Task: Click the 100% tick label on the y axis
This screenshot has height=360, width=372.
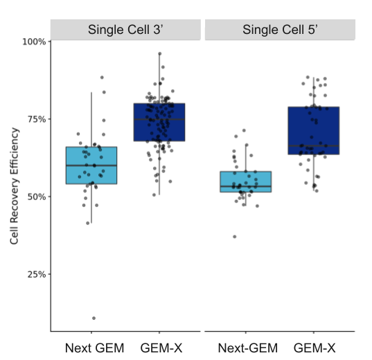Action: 34,42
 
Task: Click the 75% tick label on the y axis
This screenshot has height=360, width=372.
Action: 36,119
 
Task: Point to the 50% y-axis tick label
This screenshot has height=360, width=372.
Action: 36,197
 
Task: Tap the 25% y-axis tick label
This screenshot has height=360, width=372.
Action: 36,274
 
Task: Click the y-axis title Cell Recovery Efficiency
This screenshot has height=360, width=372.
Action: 14,186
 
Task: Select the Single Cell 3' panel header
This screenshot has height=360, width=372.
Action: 125,30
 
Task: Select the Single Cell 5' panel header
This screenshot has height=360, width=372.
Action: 280,30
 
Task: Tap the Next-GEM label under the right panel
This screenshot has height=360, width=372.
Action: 247,348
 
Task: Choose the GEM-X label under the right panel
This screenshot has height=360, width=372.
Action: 315,348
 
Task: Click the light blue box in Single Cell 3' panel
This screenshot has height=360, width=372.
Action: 91,165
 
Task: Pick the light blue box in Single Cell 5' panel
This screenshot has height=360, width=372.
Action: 246,181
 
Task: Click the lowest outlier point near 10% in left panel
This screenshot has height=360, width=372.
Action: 94,318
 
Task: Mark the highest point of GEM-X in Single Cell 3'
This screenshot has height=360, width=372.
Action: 159,53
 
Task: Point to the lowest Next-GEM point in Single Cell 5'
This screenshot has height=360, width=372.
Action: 235,237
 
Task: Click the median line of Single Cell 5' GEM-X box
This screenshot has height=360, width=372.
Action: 314,146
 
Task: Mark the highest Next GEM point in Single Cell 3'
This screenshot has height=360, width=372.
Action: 102,78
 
